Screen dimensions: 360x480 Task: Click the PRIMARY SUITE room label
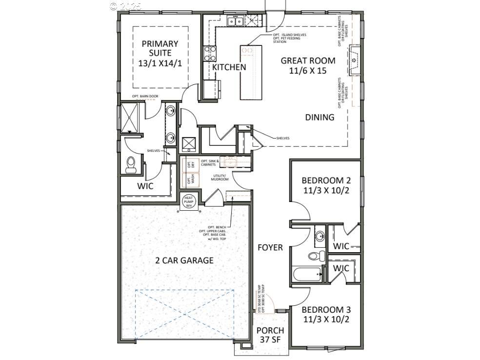(160, 53)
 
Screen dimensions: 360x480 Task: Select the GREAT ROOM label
(308, 65)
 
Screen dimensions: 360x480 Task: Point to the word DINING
(320, 117)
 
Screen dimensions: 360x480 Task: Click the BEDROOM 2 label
(325, 185)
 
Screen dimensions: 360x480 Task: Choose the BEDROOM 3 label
(325, 315)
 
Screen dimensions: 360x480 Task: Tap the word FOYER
(270, 248)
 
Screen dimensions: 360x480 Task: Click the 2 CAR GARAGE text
(184, 260)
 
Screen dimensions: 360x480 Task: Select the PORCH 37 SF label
(270, 335)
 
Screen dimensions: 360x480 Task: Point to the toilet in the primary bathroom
(131, 165)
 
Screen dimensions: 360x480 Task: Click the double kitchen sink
(236, 21)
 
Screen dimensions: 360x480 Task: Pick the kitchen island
(251, 72)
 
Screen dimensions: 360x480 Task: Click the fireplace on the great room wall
(355, 60)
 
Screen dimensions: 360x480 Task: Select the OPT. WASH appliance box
(189, 180)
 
